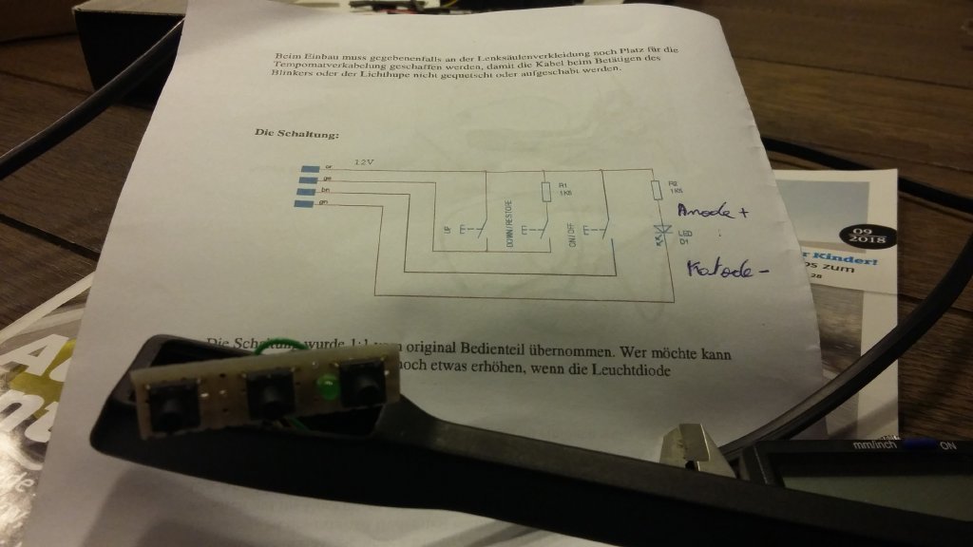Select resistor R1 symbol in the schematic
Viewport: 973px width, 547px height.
point(545,192)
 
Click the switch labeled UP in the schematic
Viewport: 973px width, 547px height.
point(469,229)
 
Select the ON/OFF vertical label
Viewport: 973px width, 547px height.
point(570,231)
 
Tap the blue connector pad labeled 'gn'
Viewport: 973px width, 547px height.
point(305,202)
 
